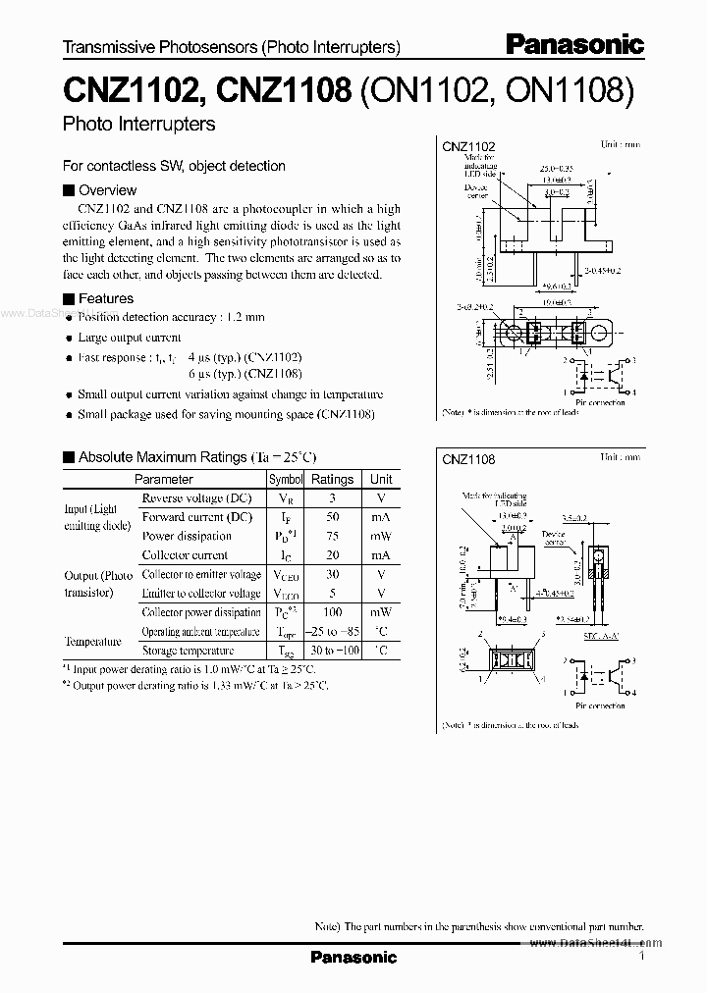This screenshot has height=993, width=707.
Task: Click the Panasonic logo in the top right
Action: coord(574,44)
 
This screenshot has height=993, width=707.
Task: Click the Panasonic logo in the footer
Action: coord(353,957)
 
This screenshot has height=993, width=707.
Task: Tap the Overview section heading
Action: coord(107,190)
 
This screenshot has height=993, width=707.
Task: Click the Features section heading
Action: coord(105,298)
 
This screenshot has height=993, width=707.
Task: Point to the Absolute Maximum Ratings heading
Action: coord(162,457)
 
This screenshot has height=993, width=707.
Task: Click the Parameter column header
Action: coord(163,479)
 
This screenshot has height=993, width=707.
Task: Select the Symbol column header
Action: coord(285,479)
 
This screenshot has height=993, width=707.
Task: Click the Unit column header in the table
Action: coord(380,479)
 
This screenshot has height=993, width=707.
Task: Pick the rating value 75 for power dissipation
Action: coord(332,536)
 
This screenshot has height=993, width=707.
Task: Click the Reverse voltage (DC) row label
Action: coord(197,498)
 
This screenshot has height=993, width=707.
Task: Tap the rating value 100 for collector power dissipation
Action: coord(332,612)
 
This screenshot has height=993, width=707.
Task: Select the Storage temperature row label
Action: coord(188,651)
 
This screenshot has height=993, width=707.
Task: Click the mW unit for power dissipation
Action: coord(380,536)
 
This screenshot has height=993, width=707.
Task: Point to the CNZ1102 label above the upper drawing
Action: coord(468,146)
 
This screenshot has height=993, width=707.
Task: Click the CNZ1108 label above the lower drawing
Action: coord(468,458)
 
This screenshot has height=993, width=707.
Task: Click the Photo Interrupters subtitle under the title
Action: coord(138,125)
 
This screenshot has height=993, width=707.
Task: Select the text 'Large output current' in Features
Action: coord(131,338)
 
